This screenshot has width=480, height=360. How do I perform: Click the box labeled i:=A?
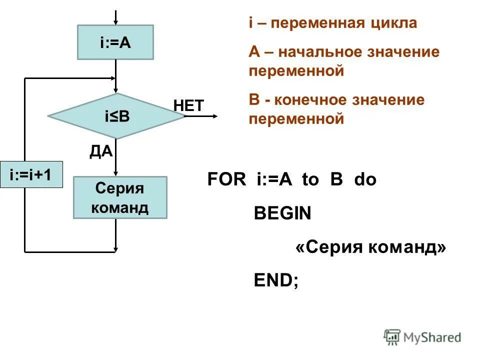pos(115,43)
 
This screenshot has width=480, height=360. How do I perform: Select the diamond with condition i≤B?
pos(116,116)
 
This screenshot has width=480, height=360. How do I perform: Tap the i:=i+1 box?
pos(31,174)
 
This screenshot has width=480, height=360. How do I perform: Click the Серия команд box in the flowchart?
pos(120,197)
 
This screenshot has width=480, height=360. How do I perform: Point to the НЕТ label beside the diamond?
pos(188,105)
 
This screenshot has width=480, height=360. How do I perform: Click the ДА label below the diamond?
pos(101,151)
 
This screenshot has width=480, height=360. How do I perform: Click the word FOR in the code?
pos(227,180)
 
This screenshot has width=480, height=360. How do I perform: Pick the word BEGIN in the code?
pos(282,214)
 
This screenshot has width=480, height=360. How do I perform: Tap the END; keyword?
pos(276,280)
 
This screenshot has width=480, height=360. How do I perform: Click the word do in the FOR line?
pos(365,180)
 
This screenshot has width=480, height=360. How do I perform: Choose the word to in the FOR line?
pos(310,180)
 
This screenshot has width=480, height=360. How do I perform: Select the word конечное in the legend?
pos(319,99)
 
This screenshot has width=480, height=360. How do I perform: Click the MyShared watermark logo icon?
pos(392,337)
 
